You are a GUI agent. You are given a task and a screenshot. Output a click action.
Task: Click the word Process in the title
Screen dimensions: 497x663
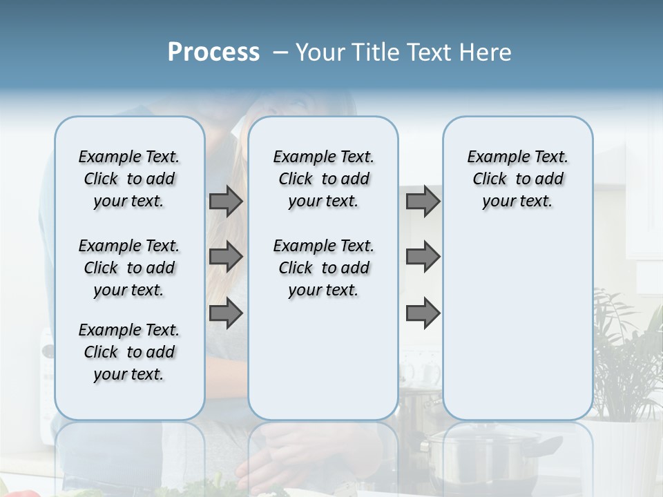tap(213, 52)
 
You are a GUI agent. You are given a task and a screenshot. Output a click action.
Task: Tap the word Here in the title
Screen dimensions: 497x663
tap(483, 52)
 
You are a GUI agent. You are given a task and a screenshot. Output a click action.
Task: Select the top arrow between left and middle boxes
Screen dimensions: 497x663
tap(226, 201)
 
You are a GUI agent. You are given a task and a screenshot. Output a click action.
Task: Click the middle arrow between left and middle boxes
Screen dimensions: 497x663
tap(226, 257)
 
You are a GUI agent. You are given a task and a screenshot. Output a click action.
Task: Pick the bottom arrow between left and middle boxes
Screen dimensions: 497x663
tap(226, 313)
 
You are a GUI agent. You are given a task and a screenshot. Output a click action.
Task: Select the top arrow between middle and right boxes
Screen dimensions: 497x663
tap(423, 201)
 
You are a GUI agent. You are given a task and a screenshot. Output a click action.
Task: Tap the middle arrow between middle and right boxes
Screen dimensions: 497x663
tap(423, 257)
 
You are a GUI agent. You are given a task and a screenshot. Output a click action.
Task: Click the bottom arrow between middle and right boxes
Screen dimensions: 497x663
tap(423, 313)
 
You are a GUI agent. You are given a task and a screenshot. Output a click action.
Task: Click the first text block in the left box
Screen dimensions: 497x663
tap(129, 179)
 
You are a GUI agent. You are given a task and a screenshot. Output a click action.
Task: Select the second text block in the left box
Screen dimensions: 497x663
tap(129, 268)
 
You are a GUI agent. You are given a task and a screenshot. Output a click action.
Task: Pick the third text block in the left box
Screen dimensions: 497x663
tap(129, 352)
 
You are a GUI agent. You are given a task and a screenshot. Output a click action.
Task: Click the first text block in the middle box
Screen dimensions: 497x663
tap(323, 179)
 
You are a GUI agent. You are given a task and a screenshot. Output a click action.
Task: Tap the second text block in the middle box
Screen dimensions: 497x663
tap(323, 268)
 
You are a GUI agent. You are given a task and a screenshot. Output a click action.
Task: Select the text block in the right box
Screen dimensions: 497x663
tap(517, 179)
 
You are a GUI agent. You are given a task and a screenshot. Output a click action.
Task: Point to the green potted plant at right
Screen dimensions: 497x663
tap(625, 359)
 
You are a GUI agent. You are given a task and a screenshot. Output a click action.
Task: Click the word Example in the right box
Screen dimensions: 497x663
tap(493, 157)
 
